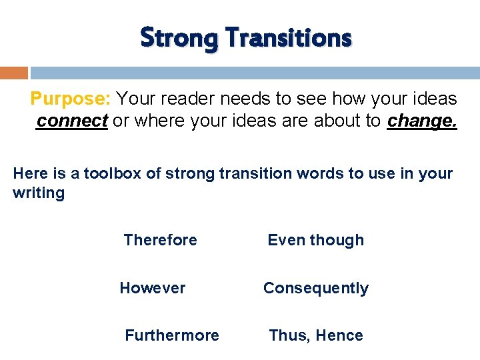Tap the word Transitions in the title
(289, 38)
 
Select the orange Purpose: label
(71, 99)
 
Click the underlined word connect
(72, 121)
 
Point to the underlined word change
(422, 121)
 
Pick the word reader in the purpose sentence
(185, 99)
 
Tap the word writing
(39, 193)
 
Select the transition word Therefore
(161, 240)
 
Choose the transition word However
(153, 288)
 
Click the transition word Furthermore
(172, 335)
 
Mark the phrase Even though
(316, 240)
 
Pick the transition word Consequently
(316, 288)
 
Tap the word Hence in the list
(339, 335)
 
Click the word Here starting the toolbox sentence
(30, 174)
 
